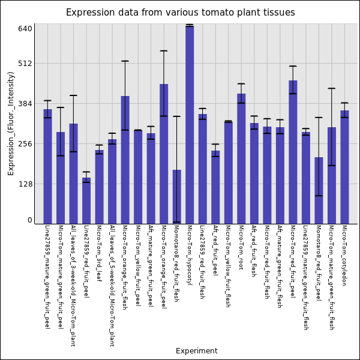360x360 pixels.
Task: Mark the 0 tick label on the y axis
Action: tap(29, 220)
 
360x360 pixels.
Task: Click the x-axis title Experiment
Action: tap(196, 351)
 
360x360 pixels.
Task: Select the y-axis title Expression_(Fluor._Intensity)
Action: tap(11, 123)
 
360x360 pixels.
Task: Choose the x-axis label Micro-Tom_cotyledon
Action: tap(344, 255)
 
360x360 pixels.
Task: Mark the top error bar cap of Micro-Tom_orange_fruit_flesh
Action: tap(125, 61)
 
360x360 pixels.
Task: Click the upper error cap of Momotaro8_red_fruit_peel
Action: tap(319, 118)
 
